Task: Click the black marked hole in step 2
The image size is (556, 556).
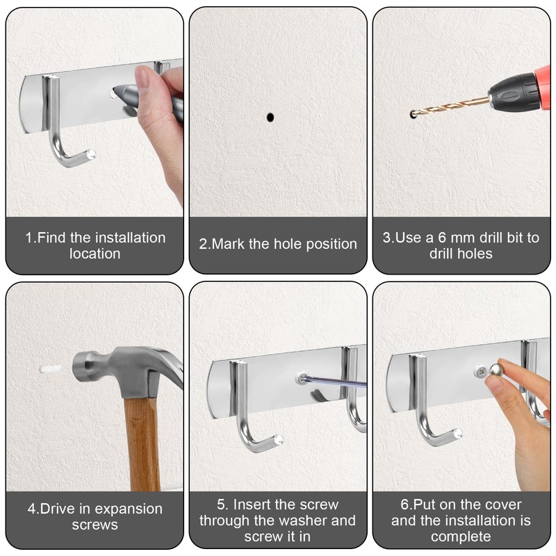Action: coord(270,117)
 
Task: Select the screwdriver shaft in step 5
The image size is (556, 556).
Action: coord(337,382)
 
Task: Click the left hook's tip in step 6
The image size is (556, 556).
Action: coord(457,433)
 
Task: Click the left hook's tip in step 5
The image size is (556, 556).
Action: coord(277,440)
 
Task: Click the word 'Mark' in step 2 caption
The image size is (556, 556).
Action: coord(230,244)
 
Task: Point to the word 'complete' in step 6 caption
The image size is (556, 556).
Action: coord(461,537)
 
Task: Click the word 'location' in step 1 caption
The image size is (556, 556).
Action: coord(95,254)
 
